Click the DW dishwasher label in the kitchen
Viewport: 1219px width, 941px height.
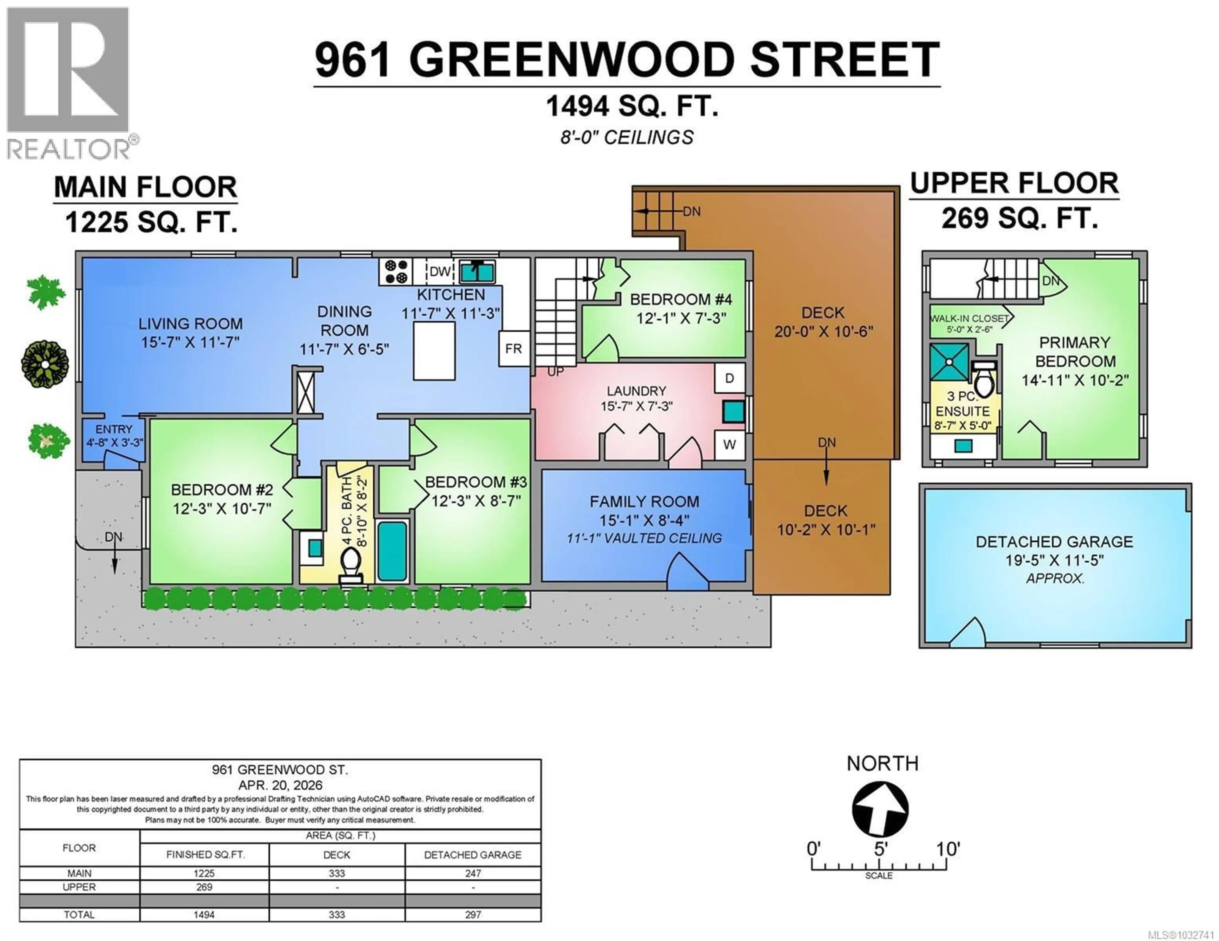(440, 272)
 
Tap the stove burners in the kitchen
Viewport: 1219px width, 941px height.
(396, 272)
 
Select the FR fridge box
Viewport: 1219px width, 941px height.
(514, 349)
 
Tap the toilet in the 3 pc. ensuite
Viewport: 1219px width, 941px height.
(983, 379)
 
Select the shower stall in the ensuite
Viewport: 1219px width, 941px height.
(950, 362)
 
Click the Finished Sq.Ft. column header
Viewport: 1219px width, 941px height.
(204, 854)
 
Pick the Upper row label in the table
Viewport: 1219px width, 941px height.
(79, 887)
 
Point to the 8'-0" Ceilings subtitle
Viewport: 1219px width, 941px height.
(627, 137)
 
